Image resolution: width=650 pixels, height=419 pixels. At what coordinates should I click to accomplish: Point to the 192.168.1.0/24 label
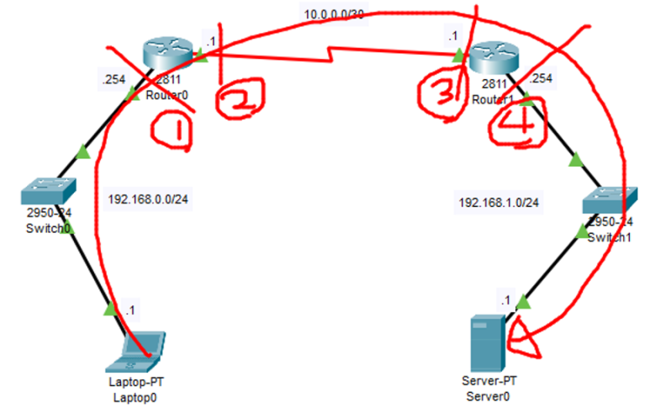coord(499,203)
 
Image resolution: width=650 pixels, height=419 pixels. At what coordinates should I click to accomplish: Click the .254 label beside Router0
coord(113,81)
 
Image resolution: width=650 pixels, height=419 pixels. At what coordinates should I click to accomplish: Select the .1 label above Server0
coord(505,300)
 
